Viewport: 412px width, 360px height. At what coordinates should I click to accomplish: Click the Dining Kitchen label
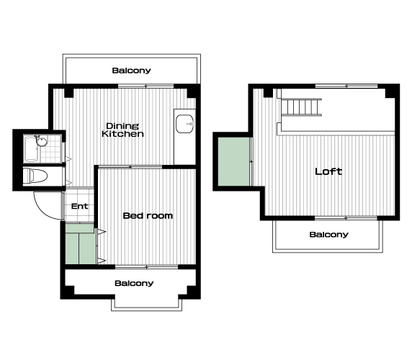click(x=122, y=130)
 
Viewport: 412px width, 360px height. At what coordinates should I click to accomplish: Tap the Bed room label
click(x=148, y=216)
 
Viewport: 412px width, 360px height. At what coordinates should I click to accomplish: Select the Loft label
click(x=328, y=171)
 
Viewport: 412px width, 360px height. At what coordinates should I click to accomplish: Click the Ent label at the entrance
click(x=80, y=207)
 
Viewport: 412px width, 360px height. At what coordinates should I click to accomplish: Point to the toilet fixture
click(x=35, y=176)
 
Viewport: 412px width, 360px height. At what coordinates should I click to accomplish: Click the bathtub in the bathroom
click(x=31, y=149)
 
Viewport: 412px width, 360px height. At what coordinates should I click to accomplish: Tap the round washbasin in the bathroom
click(x=42, y=142)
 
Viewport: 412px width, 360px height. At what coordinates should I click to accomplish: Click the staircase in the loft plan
click(x=302, y=107)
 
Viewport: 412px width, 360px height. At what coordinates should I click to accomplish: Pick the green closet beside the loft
click(x=233, y=161)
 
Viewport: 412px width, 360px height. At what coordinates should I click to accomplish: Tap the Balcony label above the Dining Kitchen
click(x=131, y=71)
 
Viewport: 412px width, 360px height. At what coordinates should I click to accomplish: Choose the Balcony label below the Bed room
click(x=134, y=284)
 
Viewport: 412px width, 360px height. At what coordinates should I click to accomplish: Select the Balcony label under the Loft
click(x=328, y=235)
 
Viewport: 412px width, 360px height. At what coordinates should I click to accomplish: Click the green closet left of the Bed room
click(x=80, y=244)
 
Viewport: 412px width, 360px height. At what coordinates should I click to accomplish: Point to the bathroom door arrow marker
click(x=68, y=159)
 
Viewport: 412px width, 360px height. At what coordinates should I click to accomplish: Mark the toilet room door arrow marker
click(x=68, y=182)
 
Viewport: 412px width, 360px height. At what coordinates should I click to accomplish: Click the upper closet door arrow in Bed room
click(x=102, y=232)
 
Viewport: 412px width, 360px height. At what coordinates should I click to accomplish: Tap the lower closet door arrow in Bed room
click(x=102, y=261)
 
